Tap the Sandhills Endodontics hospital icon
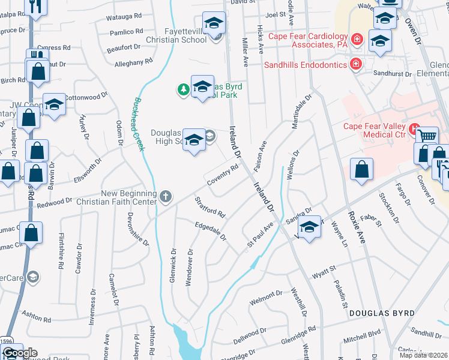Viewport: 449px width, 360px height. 356,63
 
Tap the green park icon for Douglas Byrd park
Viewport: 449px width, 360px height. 183,90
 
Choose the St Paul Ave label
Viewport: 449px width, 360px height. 260,236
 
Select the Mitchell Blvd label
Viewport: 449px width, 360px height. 362,337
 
